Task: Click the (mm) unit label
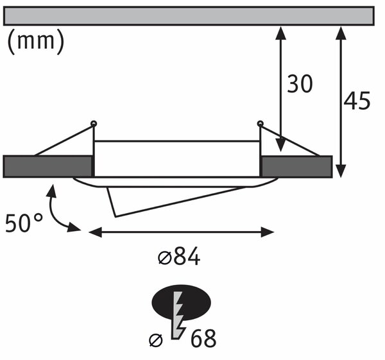click(36, 42)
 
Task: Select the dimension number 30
click(300, 84)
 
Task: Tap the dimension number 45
click(357, 101)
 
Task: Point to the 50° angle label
click(24, 223)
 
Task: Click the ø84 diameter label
click(179, 257)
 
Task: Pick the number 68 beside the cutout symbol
click(203, 338)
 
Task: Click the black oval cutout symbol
click(182, 302)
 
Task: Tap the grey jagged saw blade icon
click(178, 315)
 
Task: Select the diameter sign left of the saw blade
click(156, 340)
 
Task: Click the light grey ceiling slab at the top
click(189, 16)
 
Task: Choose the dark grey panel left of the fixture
click(47, 166)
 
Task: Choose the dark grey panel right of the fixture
click(297, 166)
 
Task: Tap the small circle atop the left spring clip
click(94, 123)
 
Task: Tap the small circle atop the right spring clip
click(260, 123)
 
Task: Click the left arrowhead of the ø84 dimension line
click(95, 232)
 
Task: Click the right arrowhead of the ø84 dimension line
click(267, 232)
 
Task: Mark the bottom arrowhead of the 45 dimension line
click(341, 171)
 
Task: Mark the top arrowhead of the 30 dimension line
click(280, 33)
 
